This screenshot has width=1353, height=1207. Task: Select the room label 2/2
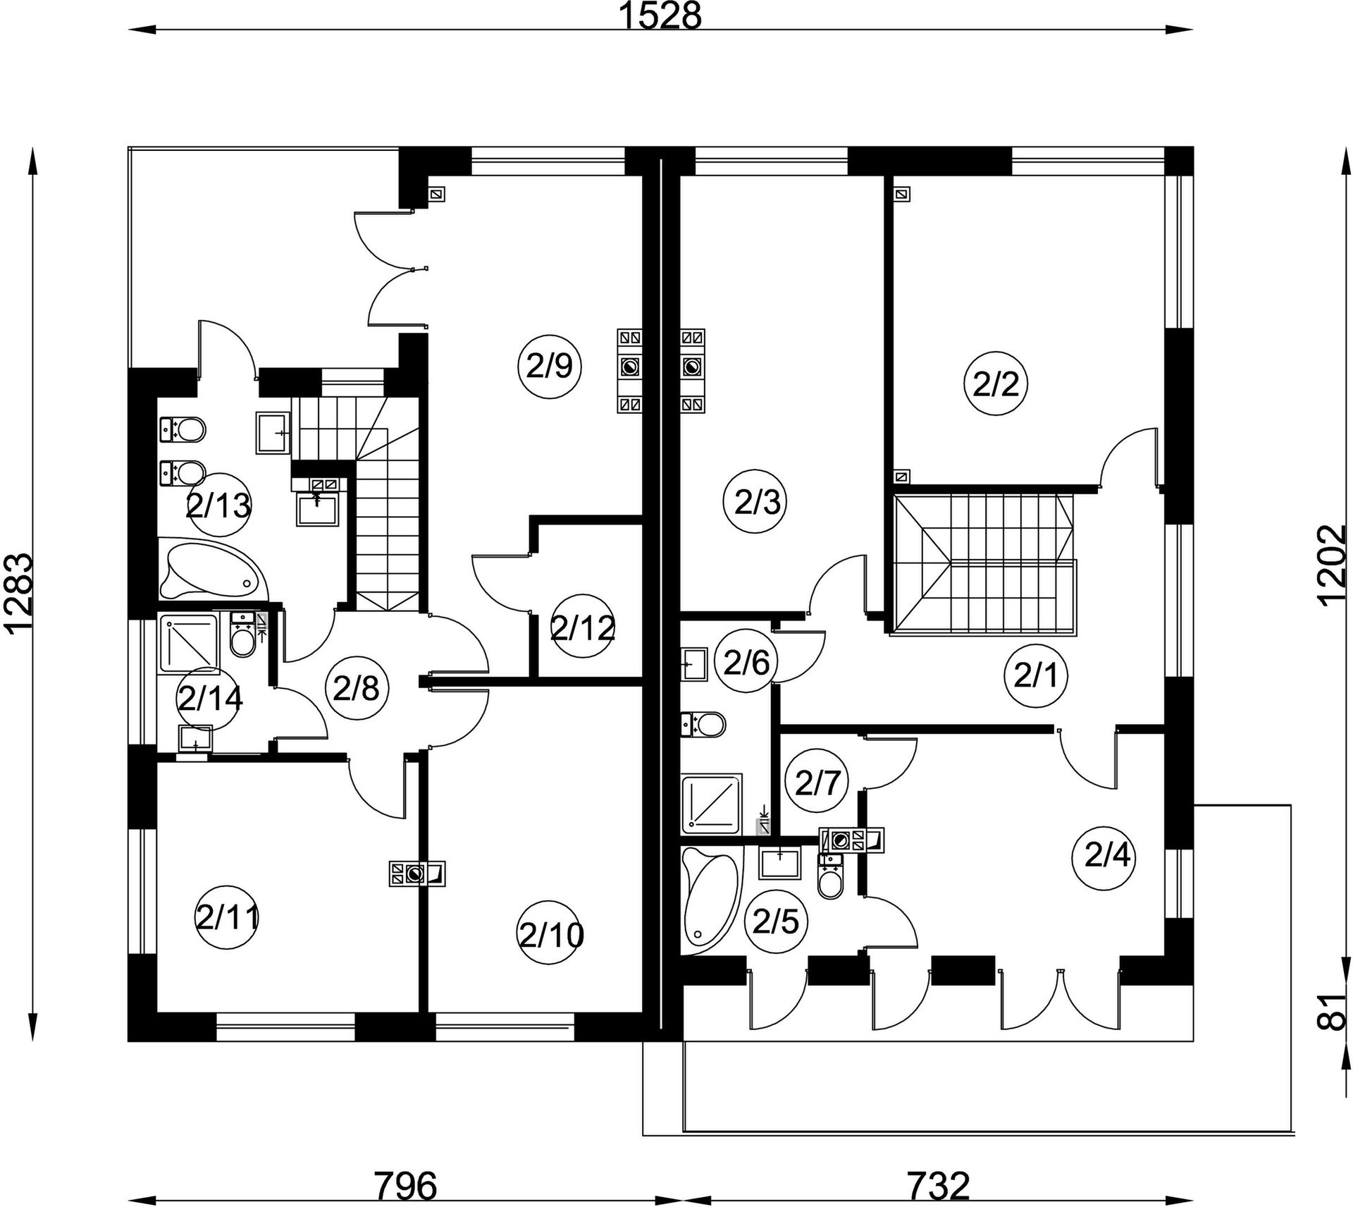996,384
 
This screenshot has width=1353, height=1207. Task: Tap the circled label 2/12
583,627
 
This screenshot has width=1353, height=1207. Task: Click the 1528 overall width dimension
660,16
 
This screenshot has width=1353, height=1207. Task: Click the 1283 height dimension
18,594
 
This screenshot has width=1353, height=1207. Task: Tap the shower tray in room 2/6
712,801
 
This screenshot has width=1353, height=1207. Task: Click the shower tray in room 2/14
189,643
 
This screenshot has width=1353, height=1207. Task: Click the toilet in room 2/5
831,875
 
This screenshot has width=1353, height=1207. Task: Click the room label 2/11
227,918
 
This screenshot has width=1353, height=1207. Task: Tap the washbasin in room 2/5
779,864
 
